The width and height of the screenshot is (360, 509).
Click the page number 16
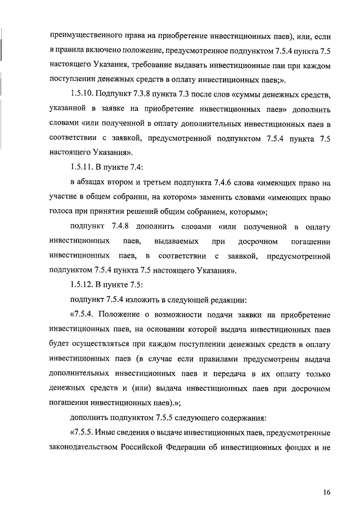pyautogui.click(x=327, y=493)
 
